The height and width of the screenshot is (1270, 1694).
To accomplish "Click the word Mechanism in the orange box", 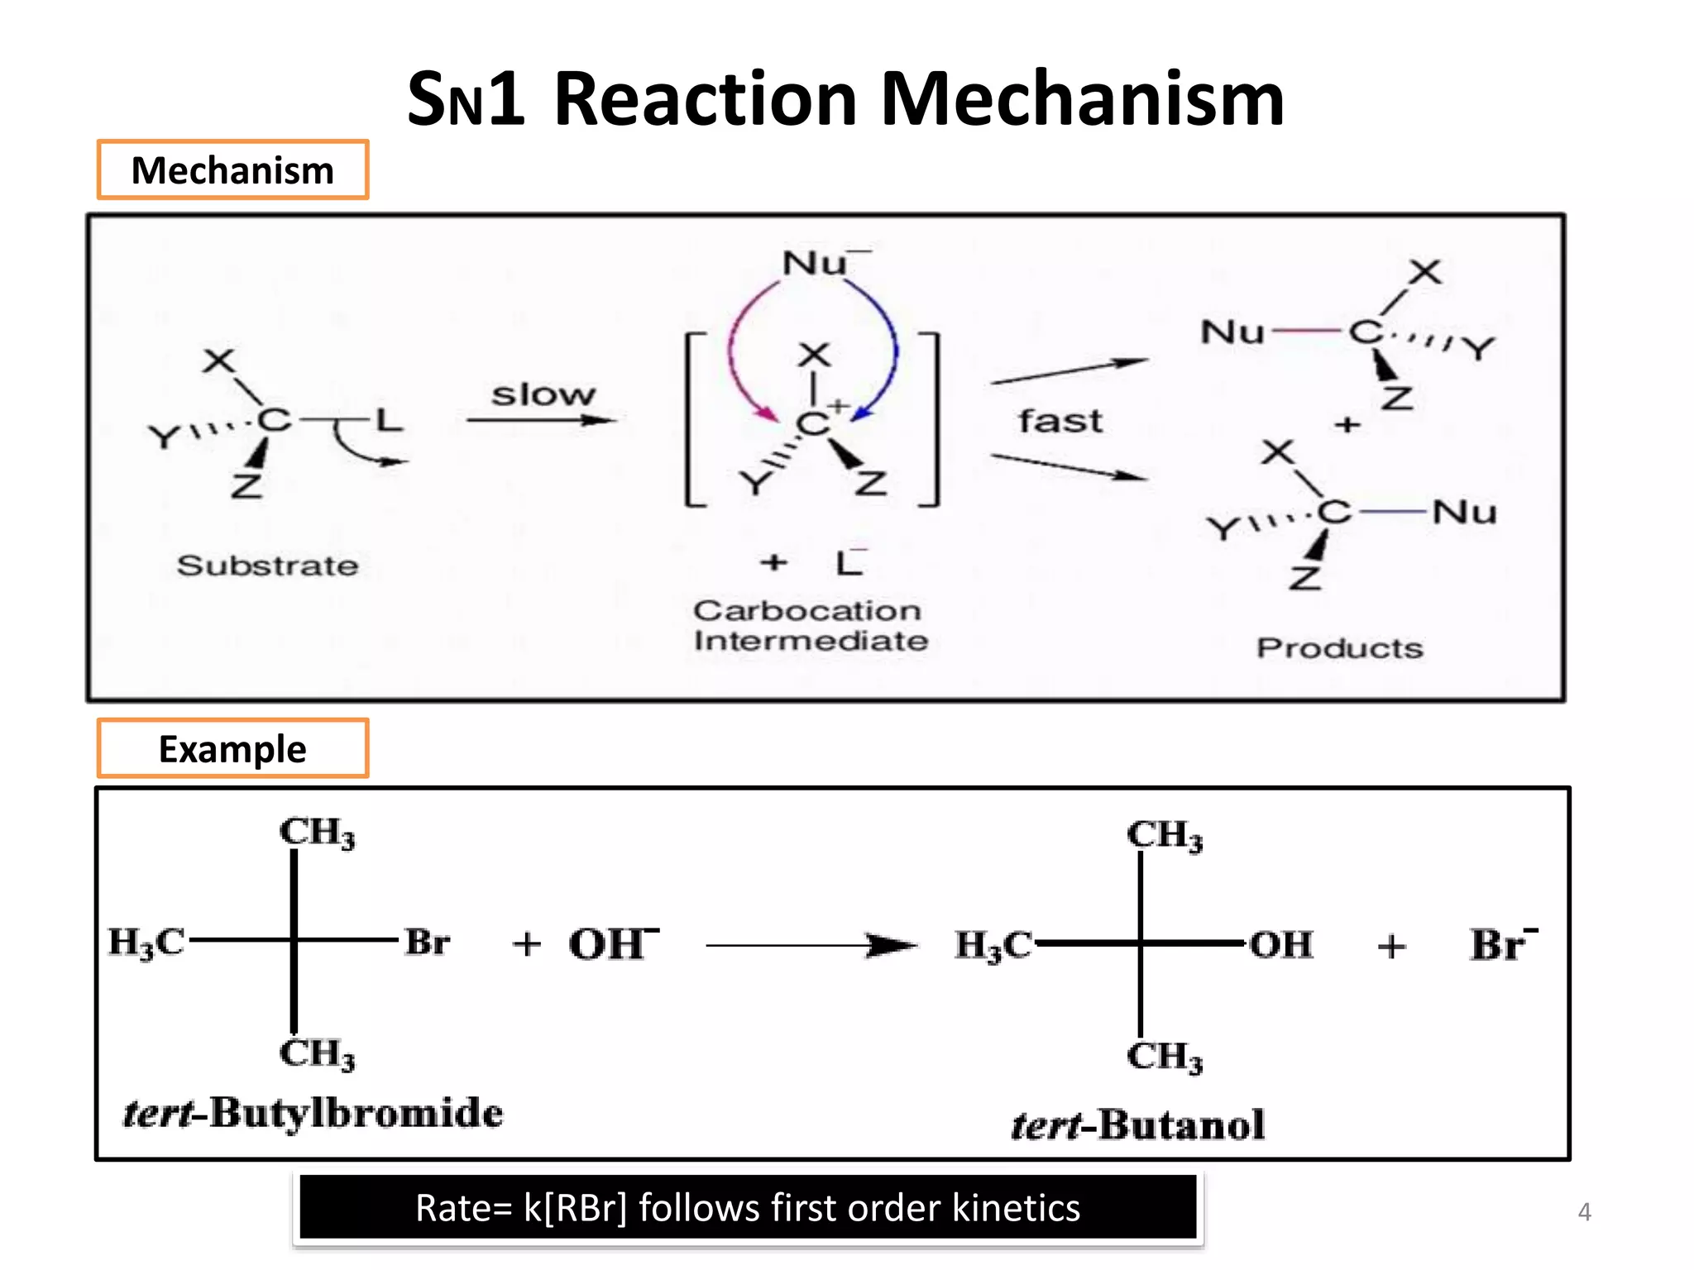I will tap(232, 170).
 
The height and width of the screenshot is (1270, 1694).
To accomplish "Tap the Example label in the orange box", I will tap(232, 749).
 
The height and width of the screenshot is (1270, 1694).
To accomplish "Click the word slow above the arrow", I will tap(543, 395).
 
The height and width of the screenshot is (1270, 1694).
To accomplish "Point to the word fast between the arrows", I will tap(1060, 422).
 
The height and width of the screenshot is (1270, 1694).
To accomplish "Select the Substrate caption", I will tap(267, 566).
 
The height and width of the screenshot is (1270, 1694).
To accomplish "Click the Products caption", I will tap(1340, 648).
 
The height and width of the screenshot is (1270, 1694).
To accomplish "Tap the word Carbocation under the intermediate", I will tap(807, 611).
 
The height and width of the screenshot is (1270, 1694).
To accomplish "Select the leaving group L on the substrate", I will tap(389, 420).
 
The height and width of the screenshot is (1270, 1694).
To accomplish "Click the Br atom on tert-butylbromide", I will tap(427, 942).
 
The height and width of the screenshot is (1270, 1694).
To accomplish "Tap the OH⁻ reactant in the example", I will tap(612, 943).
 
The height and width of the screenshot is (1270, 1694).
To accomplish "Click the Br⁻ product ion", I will tap(1502, 943).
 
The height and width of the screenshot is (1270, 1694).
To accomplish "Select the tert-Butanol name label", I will tap(1138, 1124).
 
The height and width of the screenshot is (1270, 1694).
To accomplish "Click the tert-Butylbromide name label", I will tap(313, 1113).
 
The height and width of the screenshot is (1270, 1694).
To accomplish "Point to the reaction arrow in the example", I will tap(811, 945).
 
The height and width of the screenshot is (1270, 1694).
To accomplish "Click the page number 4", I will tap(1584, 1212).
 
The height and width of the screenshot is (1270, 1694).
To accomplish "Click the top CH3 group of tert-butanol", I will tap(1164, 835).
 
